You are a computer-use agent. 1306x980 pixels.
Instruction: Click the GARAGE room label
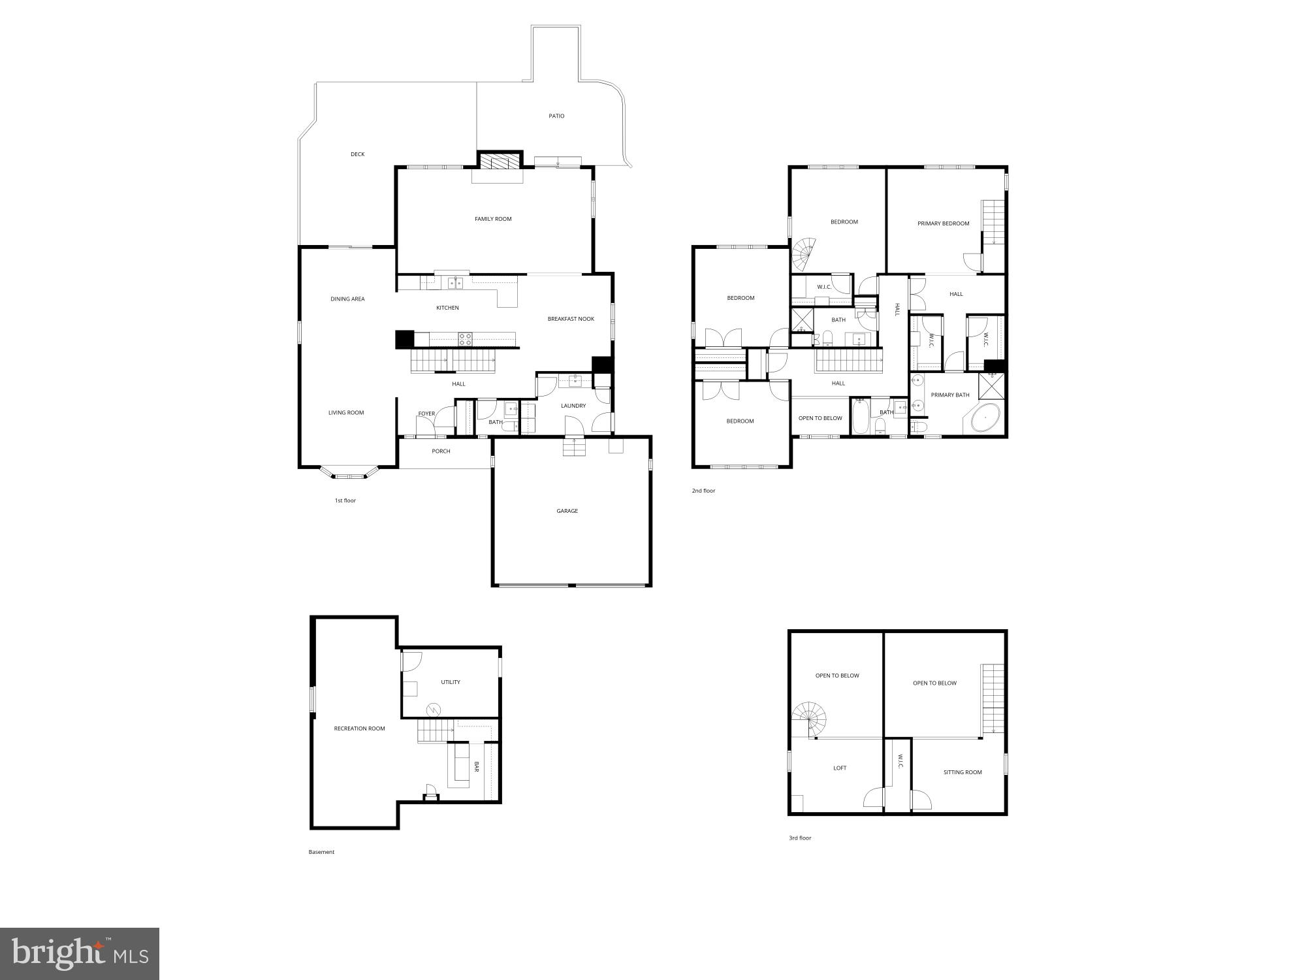[x=567, y=511]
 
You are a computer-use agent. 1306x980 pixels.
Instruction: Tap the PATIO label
[x=556, y=116]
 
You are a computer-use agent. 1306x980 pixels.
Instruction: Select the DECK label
[x=357, y=154]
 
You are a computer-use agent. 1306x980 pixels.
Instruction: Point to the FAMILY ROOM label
[x=493, y=219]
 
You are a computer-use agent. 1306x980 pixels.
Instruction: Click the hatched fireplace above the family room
[x=500, y=161]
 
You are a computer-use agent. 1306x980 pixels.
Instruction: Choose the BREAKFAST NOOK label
[x=571, y=319]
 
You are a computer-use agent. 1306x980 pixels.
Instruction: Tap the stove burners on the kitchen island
[x=466, y=338]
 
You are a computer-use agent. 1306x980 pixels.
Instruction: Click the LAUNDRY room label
[x=573, y=406]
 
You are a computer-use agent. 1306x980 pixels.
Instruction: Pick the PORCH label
[x=441, y=451]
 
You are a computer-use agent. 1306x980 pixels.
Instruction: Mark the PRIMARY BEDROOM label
[x=943, y=223]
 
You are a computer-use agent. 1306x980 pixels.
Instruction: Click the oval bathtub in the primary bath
[x=986, y=418]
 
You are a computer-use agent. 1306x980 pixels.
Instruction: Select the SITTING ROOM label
[x=963, y=772]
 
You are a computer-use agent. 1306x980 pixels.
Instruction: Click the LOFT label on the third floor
[x=840, y=768]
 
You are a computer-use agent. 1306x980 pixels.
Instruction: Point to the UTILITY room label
[x=451, y=682]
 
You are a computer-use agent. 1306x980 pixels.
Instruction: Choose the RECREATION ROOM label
[x=359, y=728]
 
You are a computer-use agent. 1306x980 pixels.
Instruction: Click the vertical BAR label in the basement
[x=477, y=766]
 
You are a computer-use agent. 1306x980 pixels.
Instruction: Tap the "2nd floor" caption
[x=703, y=491]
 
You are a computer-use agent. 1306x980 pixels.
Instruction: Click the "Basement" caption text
[x=321, y=852]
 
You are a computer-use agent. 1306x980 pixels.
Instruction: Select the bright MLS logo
[x=80, y=955]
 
